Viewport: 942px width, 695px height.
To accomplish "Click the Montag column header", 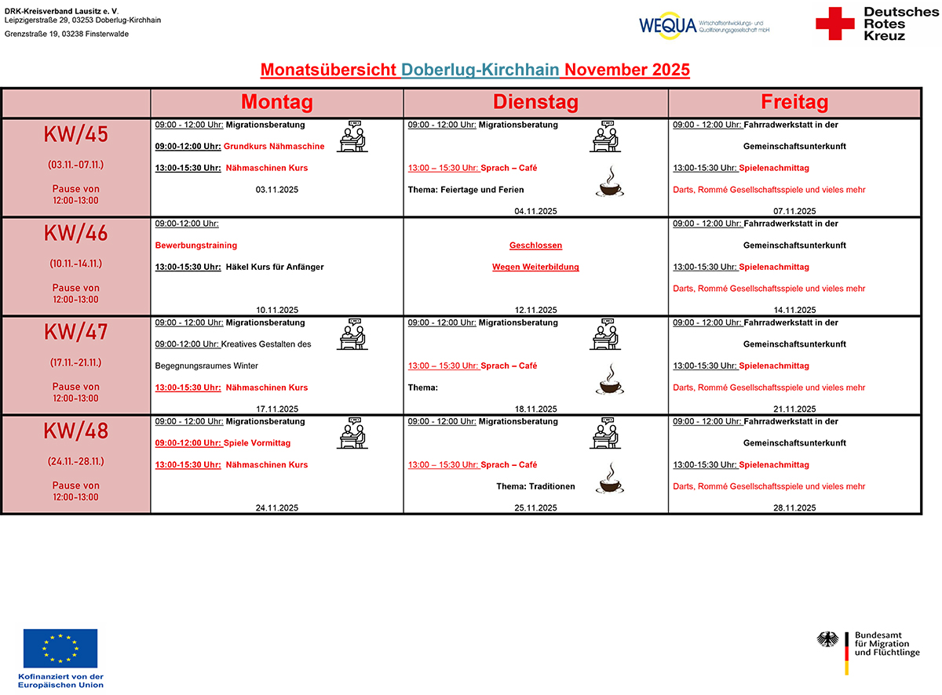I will point(276,103).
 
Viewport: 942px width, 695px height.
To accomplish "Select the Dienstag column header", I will point(535,103).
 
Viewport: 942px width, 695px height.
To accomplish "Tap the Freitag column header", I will point(794,103).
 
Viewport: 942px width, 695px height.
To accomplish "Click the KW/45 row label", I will point(76,135).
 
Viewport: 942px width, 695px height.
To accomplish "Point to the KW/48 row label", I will point(76,431).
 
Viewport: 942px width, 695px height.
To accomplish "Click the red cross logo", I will point(834,24).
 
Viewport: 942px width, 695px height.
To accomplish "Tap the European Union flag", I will point(60,649).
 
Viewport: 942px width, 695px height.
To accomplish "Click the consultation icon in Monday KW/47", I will point(352,335).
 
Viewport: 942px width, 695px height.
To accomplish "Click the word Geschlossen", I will point(535,246).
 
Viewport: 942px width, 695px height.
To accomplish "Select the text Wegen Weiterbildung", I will point(535,267).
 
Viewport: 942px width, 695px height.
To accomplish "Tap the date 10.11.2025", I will point(276,310).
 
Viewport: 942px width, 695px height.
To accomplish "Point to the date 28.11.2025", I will point(794,508).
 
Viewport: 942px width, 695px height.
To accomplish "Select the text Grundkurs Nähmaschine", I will point(274,147).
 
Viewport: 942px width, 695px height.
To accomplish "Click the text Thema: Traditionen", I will point(535,486).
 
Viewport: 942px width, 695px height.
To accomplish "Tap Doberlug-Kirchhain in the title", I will point(480,70).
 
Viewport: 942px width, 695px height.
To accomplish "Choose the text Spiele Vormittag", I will point(257,443).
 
